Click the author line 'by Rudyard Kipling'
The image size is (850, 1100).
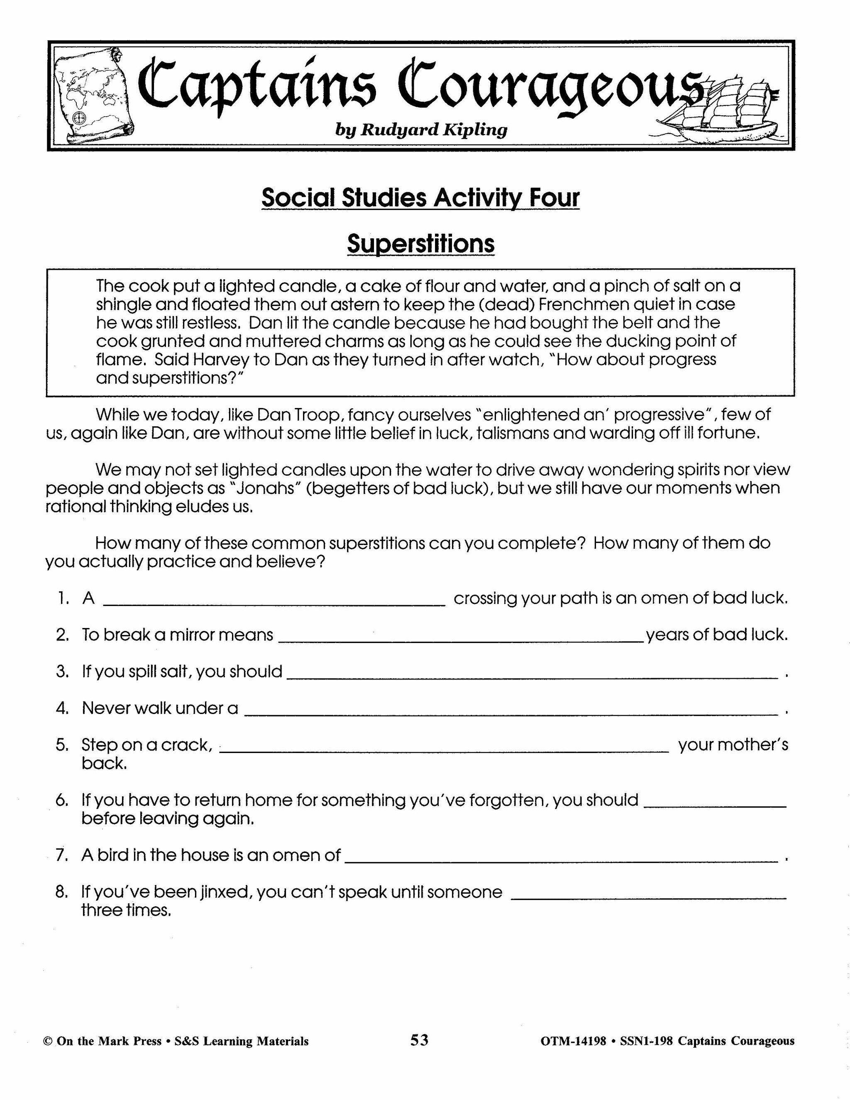click(x=421, y=130)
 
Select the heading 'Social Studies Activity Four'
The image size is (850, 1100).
click(x=420, y=198)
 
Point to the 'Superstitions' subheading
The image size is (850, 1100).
click(x=420, y=244)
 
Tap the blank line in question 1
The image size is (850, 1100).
click(x=274, y=604)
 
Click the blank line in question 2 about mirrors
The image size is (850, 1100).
click(x=460, y=640)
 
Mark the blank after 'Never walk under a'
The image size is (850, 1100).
click(x=510, y=714)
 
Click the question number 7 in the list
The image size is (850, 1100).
click(x=62, y=855)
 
